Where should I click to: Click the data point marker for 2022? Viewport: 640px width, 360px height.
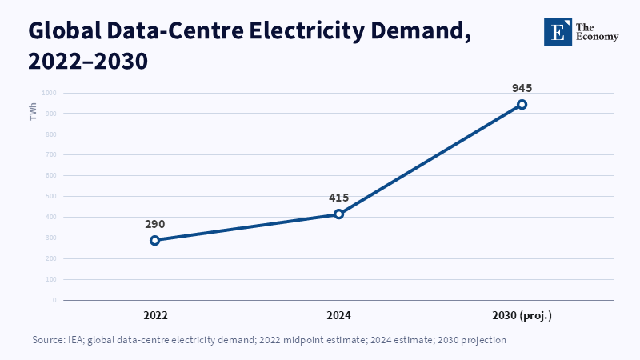coord(154,241)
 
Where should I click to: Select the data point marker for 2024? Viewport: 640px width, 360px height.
coord(338,214)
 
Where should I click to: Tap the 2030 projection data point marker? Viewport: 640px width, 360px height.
coord(522,105)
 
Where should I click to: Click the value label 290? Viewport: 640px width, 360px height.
coord(155,224)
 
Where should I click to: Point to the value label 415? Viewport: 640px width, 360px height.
coord(338,198)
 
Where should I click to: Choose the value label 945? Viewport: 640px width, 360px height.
coord(522,88)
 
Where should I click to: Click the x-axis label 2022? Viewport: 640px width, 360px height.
coord(155,315)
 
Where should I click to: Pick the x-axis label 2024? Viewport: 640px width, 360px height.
coord(338,315)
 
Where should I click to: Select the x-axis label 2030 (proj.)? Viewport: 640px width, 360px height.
coord(522,315)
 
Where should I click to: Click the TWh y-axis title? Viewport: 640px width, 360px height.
coord(33,112)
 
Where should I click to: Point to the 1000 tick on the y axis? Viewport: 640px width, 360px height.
coord(49,93)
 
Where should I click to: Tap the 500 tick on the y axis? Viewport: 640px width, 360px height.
coord(50,196)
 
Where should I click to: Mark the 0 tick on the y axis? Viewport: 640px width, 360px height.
coord(54,300)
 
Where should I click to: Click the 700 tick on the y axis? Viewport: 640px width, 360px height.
coord(50,154)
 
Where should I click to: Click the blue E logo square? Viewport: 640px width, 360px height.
coord(558,31)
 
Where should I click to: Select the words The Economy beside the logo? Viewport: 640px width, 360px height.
coord(597,32)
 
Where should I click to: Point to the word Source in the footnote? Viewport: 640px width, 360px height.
coord(48,340)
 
